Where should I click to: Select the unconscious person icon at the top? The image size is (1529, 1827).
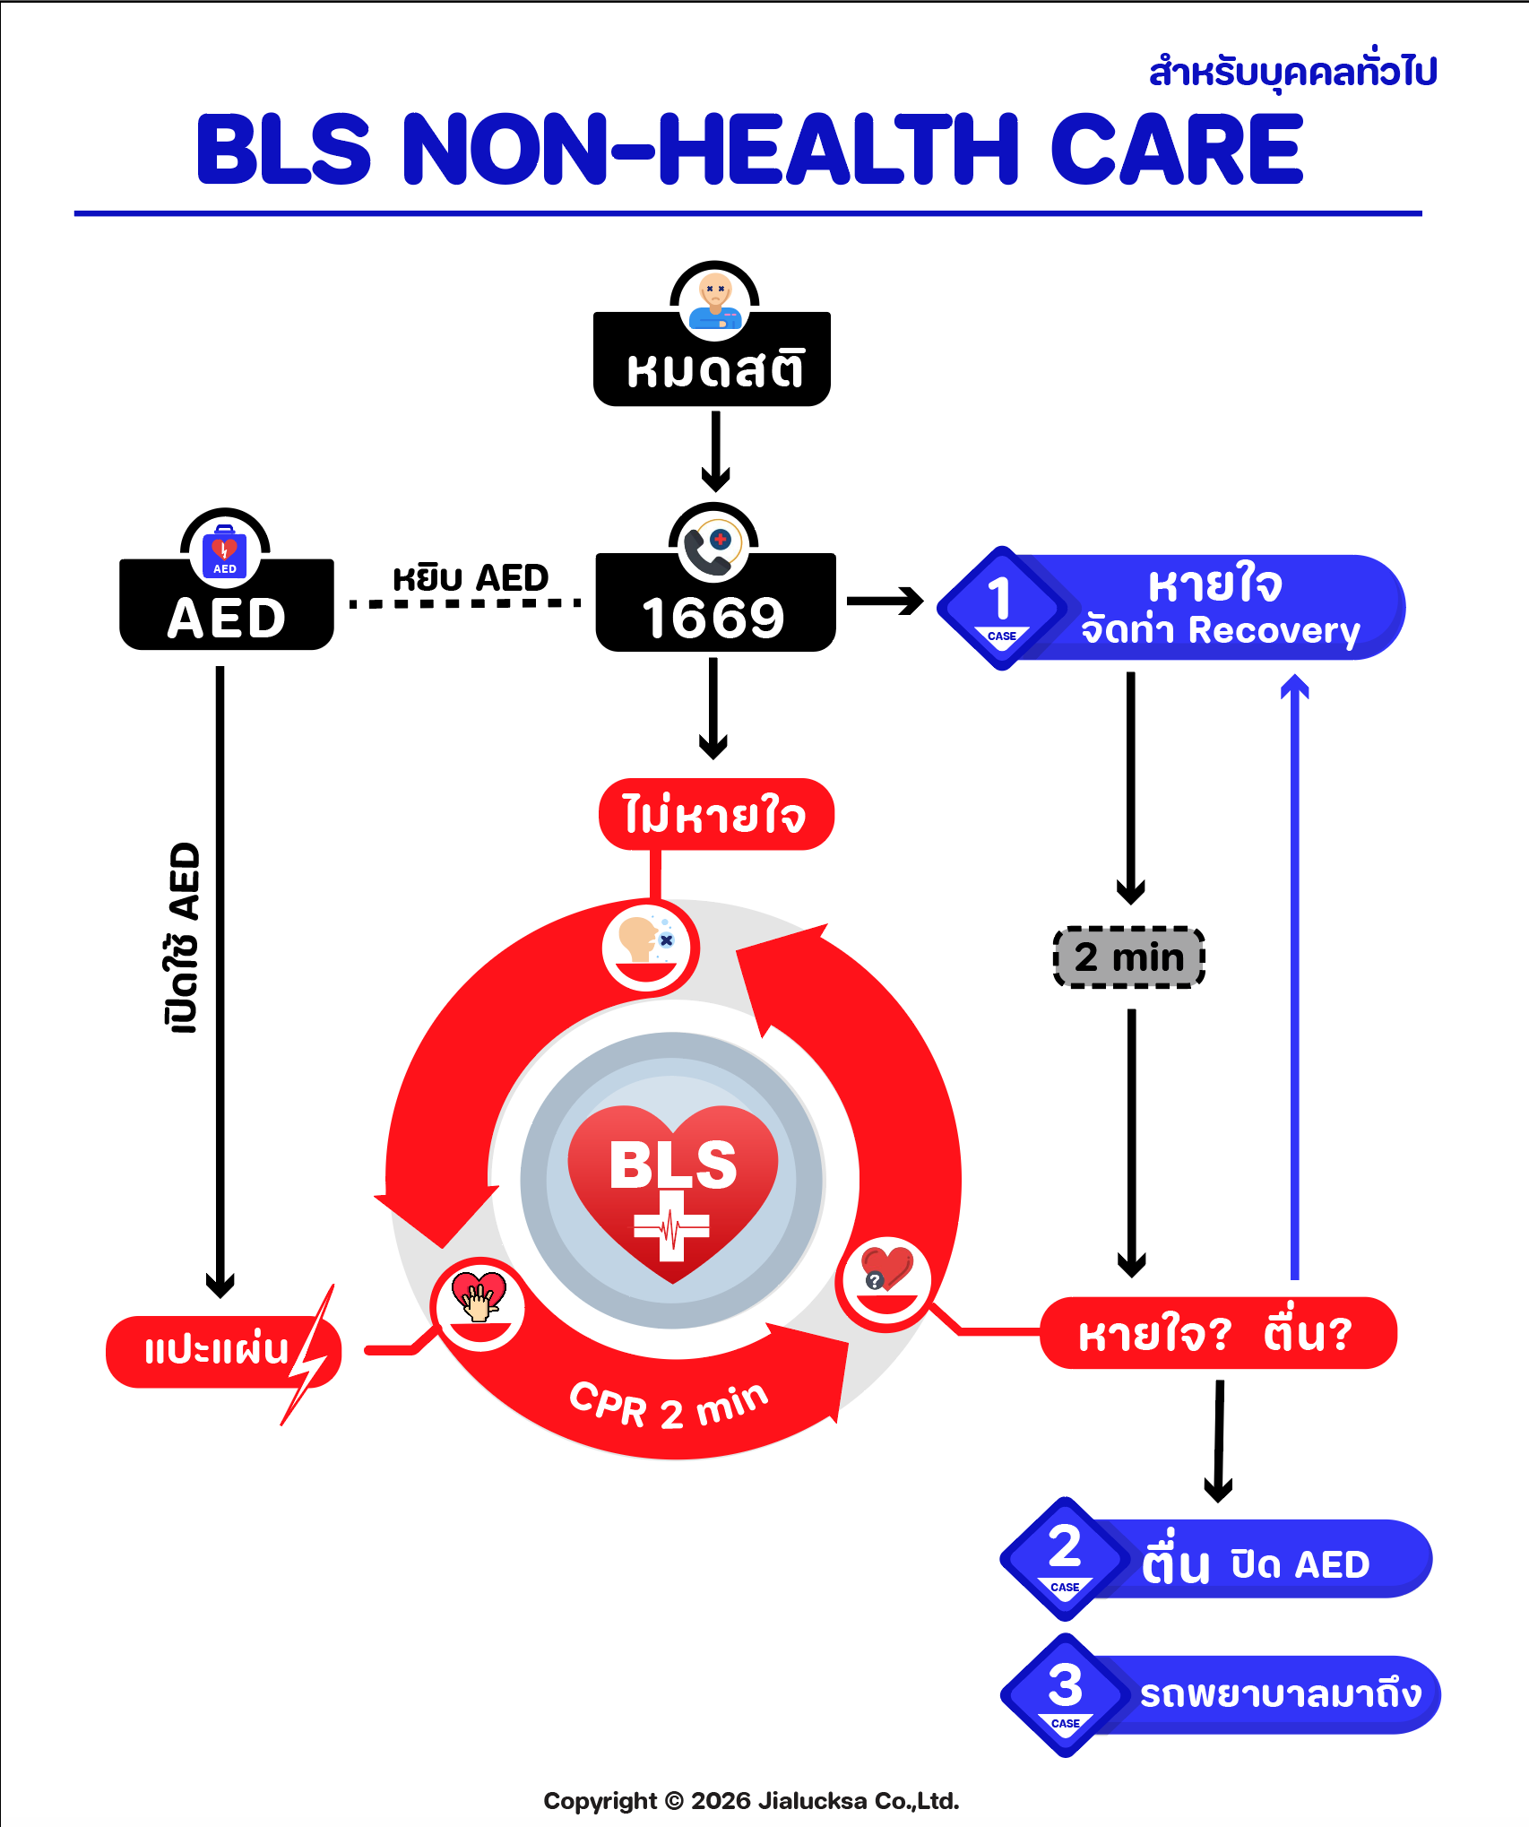point(714,301)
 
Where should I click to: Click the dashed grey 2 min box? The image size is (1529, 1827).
point(1129,957)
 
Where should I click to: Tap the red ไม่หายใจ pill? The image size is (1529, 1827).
point(715,815)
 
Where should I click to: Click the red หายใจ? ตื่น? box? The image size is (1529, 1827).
point(1217,1333)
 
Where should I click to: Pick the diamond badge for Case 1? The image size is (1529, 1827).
point(1001,608)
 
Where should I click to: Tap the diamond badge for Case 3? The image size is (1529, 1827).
point(1065,1695)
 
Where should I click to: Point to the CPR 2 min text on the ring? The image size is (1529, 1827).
point(669,1406)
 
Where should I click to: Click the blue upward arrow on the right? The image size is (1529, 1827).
point(1294,977)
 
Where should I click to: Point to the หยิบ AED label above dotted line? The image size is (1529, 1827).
point(471,578)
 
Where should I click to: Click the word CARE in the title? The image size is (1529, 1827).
point(1176,150)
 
